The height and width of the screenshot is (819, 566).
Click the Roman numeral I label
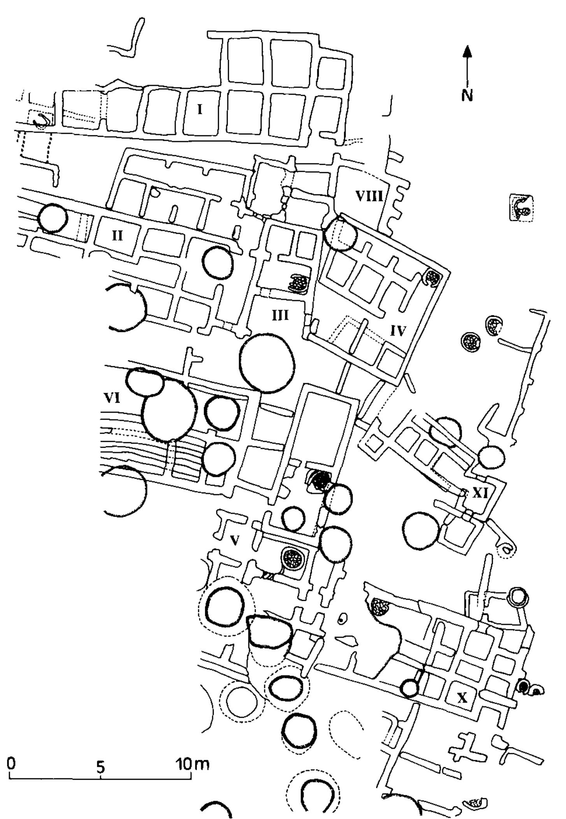[x=200, y=110]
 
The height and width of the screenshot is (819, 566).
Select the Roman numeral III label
[x=280, y=315]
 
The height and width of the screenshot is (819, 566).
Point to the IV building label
[x=398, y=331]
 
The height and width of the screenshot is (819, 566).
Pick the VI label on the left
[x=112, y=398]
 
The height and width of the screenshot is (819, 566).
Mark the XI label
[x=480, y=494]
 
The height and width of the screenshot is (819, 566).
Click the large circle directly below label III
[x=267, y=363]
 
